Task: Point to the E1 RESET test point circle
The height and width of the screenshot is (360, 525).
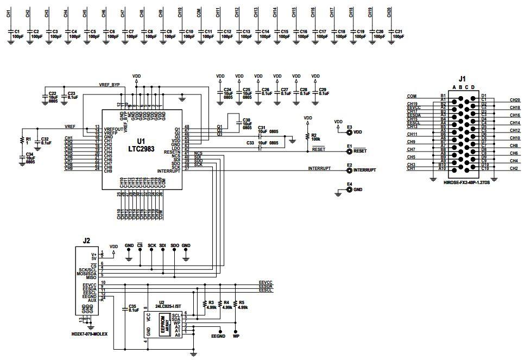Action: [349, 151]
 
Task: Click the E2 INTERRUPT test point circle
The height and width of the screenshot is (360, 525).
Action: [349, 170]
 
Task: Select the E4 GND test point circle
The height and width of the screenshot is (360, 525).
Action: [349, 190]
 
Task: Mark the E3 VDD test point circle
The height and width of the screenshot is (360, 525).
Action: [349, 132]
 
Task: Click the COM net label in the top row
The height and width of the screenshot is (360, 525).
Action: [199, 12]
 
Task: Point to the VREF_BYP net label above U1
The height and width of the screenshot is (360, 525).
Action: [109, 85]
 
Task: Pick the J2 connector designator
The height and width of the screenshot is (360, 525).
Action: [86, 239]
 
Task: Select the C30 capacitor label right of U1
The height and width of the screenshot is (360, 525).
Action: [246, 121]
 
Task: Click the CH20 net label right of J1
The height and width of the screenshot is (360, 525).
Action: [515, 100]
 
